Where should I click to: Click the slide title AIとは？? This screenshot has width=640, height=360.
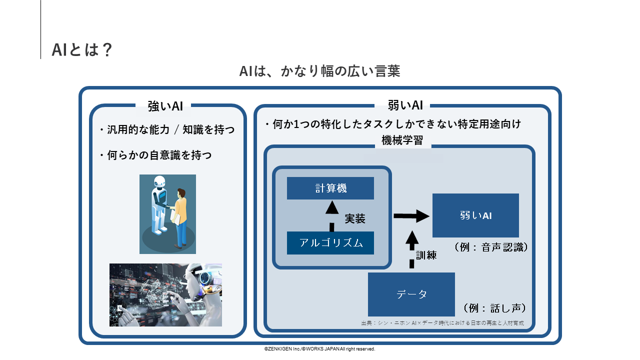click(82, 49)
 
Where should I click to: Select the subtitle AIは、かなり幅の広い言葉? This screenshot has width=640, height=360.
click(319, 71)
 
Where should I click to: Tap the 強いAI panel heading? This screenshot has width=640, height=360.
click(165, 106)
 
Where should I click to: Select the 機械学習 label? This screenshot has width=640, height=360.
click(402, 140)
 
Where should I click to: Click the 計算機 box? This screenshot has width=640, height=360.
click(330, 188)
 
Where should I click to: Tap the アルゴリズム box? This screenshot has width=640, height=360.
click(330, 243)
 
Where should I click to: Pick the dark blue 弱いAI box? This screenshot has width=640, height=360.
click(475, 215)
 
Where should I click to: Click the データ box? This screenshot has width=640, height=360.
click(411, 294)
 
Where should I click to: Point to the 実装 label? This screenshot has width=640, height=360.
click(355, 218)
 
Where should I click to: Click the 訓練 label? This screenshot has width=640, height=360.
click(426, 254)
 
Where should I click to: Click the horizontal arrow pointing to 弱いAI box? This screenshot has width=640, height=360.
click(411, 216)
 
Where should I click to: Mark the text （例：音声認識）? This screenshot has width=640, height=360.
click(491, 247)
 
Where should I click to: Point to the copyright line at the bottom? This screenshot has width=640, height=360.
click(319, 349)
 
